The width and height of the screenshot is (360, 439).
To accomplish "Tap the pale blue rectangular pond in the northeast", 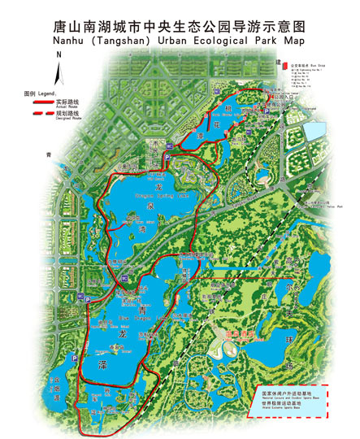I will tap(314, 131).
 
